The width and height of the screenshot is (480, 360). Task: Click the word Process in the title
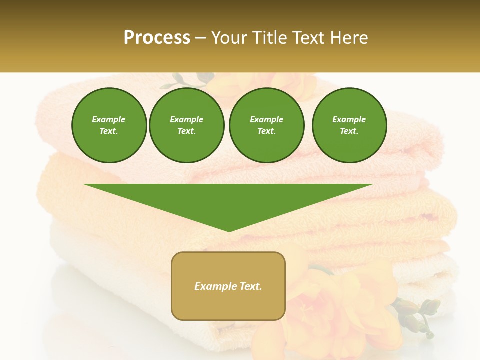(157, 38)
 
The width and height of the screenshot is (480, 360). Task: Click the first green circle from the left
(109, 125)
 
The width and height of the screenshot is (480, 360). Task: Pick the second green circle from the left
(187, 125)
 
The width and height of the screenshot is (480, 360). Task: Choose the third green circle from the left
(266, 125)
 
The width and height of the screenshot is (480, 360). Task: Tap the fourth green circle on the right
(349, 125)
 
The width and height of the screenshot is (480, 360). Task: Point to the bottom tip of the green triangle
(229, 231)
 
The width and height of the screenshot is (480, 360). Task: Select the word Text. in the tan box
(250, 286)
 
